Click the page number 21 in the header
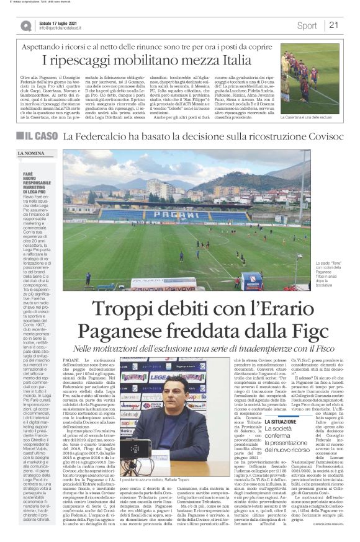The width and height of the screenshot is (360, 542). pyautogui.click(x=333, y=25)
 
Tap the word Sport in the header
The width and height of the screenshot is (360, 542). pyautogui.click(x=307, y=25)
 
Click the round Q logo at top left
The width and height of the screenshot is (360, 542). pyautogui.click(x=25, y=26)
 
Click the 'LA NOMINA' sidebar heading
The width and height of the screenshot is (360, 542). pyautogui.click(x=30, y=153)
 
